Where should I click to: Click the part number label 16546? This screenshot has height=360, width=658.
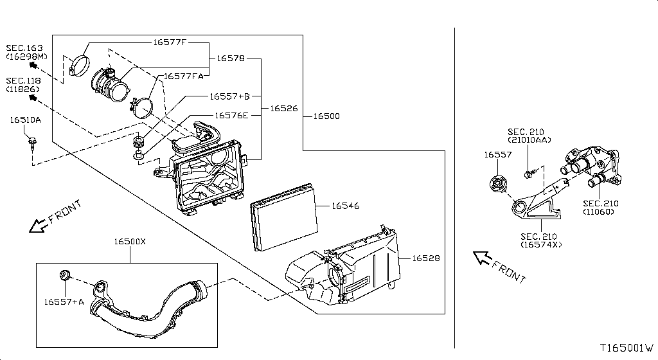345,206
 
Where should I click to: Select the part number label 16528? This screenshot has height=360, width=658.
425,258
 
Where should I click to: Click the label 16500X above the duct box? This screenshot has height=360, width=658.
130,242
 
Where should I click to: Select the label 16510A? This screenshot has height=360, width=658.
25,120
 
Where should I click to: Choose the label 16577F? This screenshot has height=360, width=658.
169,42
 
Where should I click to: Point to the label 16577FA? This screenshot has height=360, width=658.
183,76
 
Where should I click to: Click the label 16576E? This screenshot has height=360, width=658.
231,116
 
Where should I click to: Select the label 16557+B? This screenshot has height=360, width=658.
229,96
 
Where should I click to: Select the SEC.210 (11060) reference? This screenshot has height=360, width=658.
602,208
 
